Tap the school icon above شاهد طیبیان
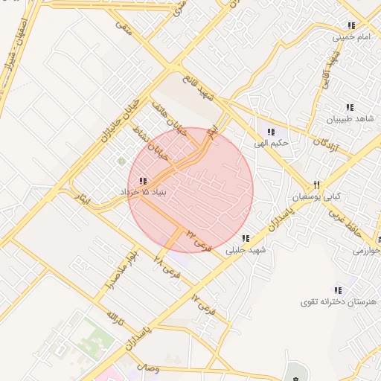(350, 107)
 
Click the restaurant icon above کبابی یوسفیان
(316, 185)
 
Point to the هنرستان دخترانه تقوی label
(339, 301)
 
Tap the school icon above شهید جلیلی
(245, 238)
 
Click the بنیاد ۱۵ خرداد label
(147, 192)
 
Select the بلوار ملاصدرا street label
(121, 269)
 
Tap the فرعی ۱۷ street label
(202, 304)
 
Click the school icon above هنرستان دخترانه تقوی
(338, 289)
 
